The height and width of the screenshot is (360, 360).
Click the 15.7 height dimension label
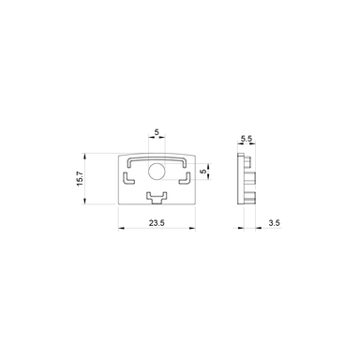[82, 179]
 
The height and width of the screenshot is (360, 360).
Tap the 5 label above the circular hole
[157, 132]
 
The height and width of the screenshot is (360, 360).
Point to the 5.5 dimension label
[247, 139]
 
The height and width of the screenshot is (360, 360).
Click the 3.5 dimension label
[273, 223]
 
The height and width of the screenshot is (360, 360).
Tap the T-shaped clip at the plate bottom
[157, 196]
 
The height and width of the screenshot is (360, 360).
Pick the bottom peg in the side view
[253, 195]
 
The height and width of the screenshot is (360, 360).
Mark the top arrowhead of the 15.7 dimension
[90, 156]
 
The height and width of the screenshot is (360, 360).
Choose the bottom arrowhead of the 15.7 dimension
[90, 202]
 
